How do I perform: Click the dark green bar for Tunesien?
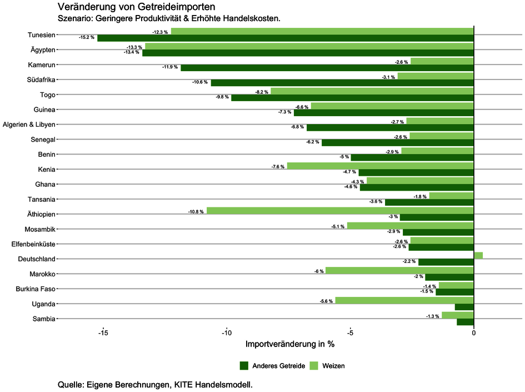(x=285, y=38)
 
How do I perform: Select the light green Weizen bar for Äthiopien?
(x=339, y=211)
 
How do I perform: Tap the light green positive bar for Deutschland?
(x=478, y=255)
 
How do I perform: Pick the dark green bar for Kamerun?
(x=327, y=68)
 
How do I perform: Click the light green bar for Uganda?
(x=404, y=300)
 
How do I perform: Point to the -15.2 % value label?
(x=87, y=38)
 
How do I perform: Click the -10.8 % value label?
(x=196, y=211)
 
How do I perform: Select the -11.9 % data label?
(x=170, y=67)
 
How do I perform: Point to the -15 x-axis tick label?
(x=103, y=333)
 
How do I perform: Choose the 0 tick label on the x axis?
(x=473, y=333)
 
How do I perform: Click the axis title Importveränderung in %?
(x=289, y=344)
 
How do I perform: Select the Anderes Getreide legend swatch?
(x=244, y=365)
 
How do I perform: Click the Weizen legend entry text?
(x=333, y=365)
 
